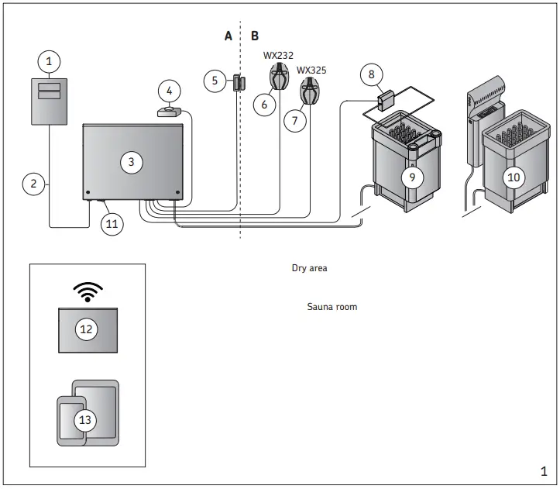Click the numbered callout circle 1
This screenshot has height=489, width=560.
pos(49,60)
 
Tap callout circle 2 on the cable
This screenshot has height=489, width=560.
pos(33,184)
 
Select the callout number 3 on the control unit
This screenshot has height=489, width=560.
pos(132,161)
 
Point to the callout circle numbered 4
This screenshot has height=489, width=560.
pos(170,91)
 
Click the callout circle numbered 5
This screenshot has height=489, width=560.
pos(215,80)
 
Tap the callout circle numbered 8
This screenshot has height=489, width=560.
pos(371,75)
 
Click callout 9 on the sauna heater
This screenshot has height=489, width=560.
pos(413,177)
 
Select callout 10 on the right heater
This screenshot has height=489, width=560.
pos(513,177)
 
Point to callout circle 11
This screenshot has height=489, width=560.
pos(113,224)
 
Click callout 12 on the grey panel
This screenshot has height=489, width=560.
pos(87,329)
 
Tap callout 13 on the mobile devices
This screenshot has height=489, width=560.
pos(86,420)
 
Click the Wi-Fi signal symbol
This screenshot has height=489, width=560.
pos(87,291)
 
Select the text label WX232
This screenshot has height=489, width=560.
pos(278,56)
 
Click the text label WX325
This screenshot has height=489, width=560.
pos(311,69)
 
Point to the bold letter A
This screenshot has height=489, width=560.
pos(228,36)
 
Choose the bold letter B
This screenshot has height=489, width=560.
pos(255,36)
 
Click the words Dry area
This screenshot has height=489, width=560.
pos(310,268)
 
